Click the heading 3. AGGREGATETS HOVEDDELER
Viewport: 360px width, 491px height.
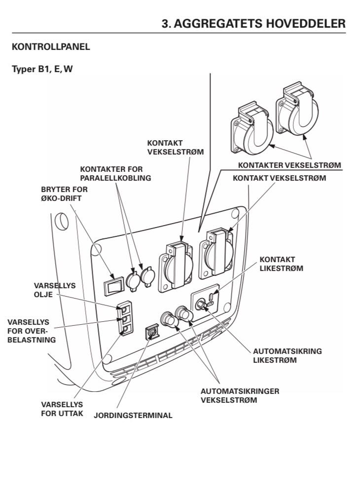tap(253, 23)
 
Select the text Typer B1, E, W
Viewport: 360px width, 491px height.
tap(42, 69)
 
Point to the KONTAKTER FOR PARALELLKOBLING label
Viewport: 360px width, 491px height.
tap(115, 174)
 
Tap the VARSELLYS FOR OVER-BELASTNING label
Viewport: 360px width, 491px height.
tap(32, 331)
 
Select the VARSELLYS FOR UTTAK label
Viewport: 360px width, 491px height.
tap(62, 408)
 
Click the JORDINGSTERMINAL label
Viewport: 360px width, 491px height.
tap(133, 415)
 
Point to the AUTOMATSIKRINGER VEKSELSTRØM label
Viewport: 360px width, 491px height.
tap(240, 395)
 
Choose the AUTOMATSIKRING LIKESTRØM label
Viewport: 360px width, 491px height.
tap(287, 356)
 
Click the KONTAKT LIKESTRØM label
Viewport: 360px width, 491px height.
tap(281, 264)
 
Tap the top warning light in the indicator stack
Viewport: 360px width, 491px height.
tap(126, 309)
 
